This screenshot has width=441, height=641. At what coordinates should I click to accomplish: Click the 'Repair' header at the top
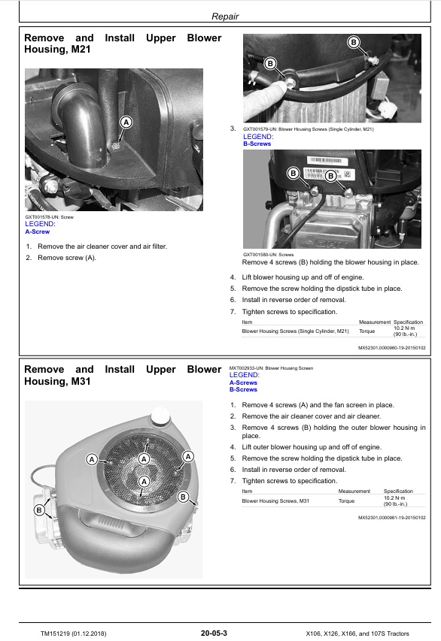pos(225,17)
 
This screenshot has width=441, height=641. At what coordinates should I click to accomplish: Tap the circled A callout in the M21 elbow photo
pos(126,122)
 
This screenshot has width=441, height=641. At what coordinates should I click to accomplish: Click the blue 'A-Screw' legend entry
pos(38,231)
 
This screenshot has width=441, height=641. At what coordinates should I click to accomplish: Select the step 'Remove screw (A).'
pos(67,258)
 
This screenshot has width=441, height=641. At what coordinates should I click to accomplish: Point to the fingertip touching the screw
pos(281,86)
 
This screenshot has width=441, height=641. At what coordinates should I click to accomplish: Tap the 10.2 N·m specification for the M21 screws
pos(404,328)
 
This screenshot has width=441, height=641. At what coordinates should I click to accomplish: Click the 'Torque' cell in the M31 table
pos(346,500)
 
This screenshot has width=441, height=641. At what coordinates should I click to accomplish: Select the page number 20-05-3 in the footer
pos(214,633)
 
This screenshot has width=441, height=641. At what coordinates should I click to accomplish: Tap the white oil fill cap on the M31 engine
pos(160,415)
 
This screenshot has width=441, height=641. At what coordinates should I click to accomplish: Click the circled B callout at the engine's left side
pos(39,510)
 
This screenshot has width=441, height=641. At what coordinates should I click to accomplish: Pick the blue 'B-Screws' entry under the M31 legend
pos(243,389)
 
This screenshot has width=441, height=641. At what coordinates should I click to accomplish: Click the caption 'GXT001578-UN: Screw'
pos(49,217)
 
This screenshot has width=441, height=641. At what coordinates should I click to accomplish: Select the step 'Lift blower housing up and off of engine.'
pos(303,277)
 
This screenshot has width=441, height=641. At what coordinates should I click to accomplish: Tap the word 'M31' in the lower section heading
pos(81,382)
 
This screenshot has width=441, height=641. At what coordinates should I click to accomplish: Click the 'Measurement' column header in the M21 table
pos(375,322)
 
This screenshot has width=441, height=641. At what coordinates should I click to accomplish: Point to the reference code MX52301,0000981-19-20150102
pos(392,518)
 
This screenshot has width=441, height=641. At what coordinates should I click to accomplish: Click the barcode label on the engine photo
pos(324,160)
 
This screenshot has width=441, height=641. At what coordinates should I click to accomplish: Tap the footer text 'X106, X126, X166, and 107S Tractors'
pos(357,633)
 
